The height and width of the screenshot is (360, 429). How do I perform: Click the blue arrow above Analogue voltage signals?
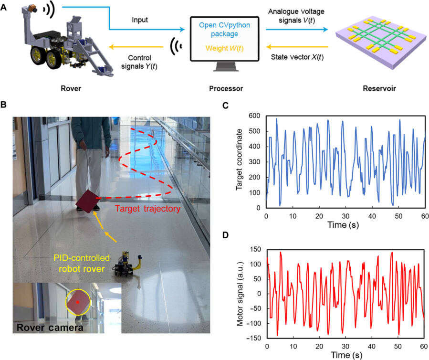point(296,29)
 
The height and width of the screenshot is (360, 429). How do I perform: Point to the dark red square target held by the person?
point(87,200)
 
